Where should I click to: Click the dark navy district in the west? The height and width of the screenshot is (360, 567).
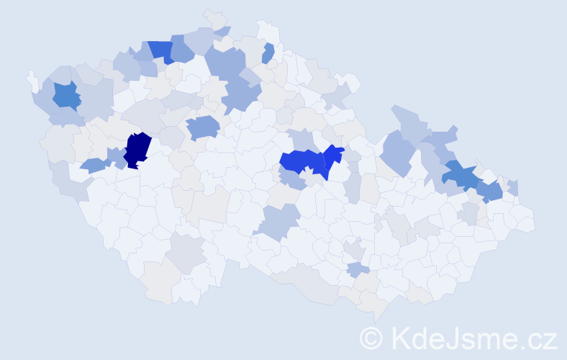point(137,150)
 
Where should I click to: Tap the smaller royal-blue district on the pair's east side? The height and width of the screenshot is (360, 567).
point(332,157)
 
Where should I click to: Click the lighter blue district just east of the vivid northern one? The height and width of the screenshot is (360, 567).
point(182,51)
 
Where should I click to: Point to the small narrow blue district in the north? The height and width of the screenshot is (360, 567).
point(268,53)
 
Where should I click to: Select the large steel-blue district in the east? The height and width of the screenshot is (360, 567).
point(461,175)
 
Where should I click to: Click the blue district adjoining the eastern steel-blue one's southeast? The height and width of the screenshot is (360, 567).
point(491,192)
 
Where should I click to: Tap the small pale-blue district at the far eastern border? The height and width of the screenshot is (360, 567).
point(513,187)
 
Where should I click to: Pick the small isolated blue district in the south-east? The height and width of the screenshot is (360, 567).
point(358,269)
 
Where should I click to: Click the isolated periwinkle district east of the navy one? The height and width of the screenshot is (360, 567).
point(203,127)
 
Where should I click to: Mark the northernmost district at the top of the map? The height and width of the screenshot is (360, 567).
point(214,17)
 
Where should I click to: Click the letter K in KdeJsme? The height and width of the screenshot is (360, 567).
point(402,338)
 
